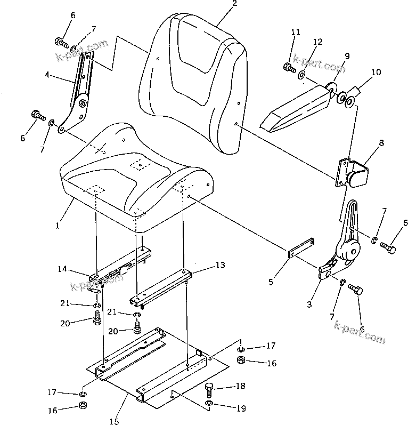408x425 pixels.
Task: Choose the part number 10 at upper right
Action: coord(376,72)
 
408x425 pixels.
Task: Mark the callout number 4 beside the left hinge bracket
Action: coord(47,75)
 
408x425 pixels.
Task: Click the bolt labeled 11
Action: coord(288,67)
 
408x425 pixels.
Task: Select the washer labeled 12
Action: coord(302,74)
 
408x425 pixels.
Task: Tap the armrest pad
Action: coord(296,108)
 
